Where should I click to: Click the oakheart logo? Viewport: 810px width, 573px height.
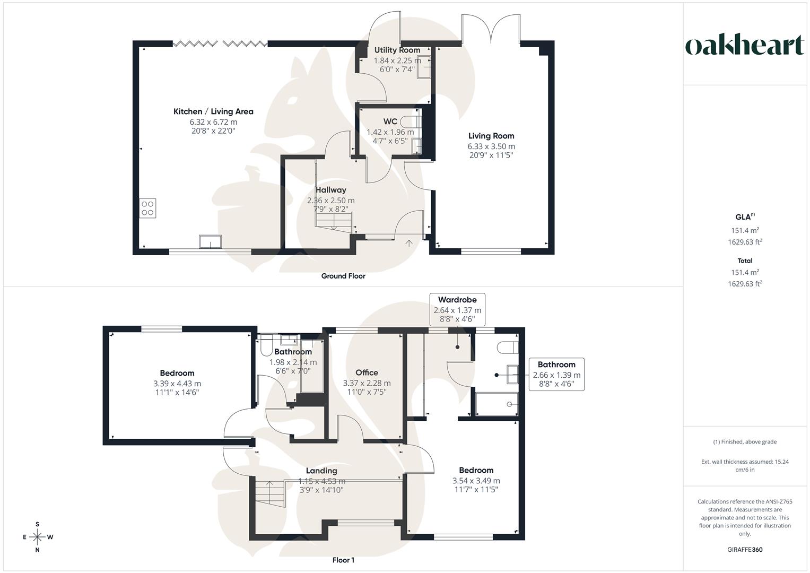745,46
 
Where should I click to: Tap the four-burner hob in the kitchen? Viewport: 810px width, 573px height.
147,208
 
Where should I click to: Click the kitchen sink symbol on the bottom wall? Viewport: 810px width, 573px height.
210,242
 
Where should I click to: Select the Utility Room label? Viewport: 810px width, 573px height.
397,50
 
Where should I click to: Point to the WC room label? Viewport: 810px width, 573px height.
390,121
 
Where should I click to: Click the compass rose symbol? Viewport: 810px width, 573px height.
37,537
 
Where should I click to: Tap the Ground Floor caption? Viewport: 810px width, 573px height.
343,276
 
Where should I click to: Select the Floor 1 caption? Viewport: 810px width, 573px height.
343,560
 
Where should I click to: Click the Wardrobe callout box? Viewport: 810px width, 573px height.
457,309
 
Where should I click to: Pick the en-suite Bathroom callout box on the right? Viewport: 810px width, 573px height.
556,374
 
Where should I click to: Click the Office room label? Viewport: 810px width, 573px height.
367,372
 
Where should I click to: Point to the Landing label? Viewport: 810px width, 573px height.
321,471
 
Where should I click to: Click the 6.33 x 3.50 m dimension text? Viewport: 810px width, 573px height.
491,146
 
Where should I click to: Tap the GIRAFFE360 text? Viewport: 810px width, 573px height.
745,550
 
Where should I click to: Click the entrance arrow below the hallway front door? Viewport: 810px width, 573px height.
409,244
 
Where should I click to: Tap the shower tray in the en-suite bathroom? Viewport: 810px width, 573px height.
497,404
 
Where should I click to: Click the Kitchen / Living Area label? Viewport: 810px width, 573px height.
213,111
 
